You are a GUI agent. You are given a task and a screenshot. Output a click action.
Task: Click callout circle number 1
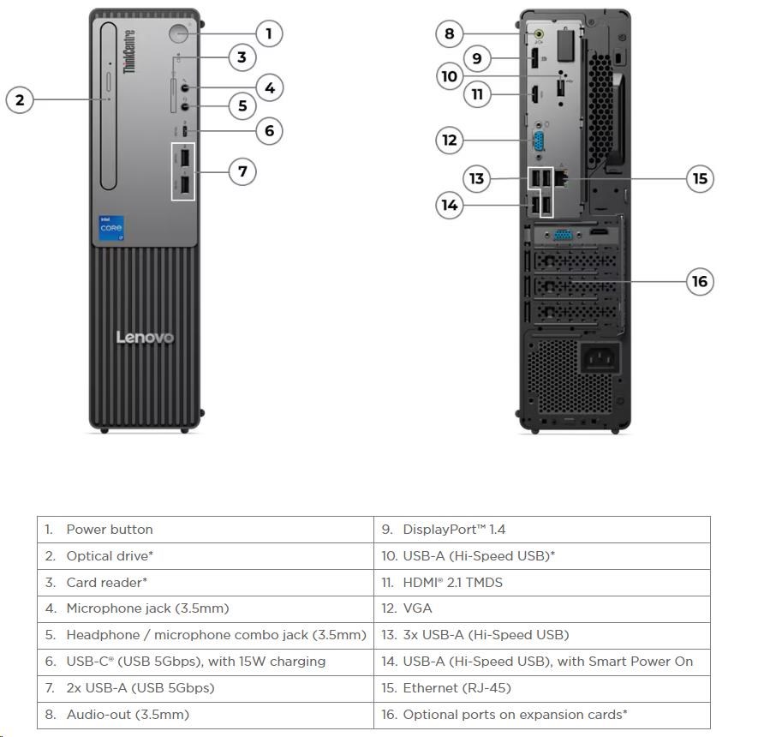click(x=268, y=33)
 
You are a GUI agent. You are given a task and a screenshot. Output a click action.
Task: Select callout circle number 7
click(x=242, y=171)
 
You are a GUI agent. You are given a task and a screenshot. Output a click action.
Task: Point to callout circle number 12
click(x=450, y=140)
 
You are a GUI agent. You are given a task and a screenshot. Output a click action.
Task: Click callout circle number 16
click(x=701, y=281)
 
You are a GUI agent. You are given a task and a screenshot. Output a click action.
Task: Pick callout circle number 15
click(x=701, y=178)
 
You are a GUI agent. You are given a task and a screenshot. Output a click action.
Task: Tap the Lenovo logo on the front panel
click(x=145, y=338)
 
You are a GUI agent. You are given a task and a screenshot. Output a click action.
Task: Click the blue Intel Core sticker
click(x=111, y=231)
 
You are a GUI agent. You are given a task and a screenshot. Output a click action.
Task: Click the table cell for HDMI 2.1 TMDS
click(x=453, y=583)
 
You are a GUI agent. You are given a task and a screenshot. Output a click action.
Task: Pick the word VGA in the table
click(x=417, y=608)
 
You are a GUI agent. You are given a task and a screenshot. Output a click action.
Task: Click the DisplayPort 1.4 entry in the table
click(x=455, y=530)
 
